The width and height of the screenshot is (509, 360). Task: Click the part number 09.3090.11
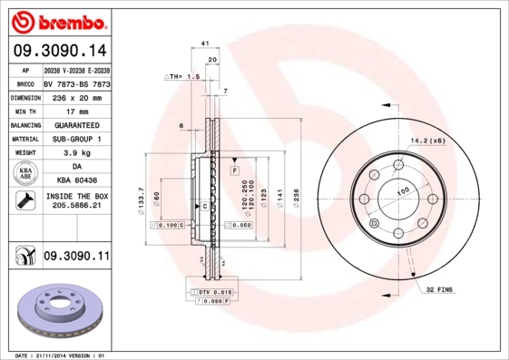click(76, 258)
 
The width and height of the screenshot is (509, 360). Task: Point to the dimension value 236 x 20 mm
click(76, 97)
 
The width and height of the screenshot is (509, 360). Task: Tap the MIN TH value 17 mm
click(76, 111)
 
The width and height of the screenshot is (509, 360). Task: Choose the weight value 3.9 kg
click(76, 153)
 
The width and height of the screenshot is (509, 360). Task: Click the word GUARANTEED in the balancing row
click(76, 125)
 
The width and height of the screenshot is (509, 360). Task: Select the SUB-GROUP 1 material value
click(76, 139)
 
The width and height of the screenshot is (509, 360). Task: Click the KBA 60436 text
click(76, 181)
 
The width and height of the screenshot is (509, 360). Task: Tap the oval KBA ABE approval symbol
click(25, 174)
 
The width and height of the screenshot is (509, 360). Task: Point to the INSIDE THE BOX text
click(76, 196)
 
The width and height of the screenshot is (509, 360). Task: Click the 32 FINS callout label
click(440, 289)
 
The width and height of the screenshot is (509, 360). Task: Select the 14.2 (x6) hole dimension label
click(428, 141)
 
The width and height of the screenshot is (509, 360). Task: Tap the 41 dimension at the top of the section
click(205, 43)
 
